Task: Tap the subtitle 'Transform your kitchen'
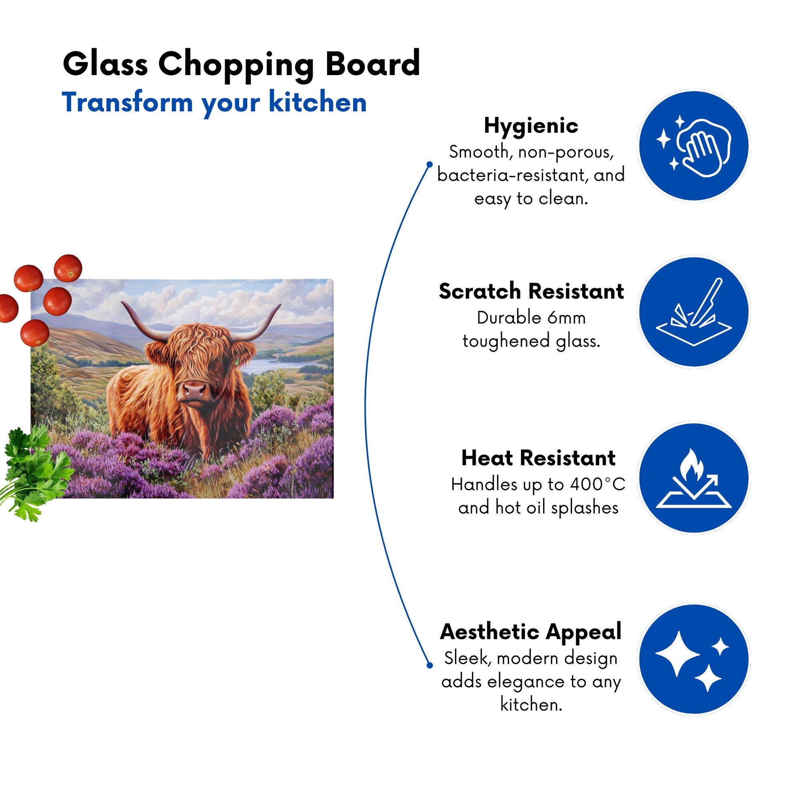(x=214, y=103)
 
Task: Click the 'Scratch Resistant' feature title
(x=531, y=291)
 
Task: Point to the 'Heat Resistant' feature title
(x=538, y=458)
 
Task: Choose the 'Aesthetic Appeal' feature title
(x=531, y=632)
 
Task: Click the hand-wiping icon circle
(x=694, y=146)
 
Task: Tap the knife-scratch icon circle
(x=694, y=312)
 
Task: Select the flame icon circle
(x=694, y=477)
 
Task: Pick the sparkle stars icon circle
(x=694, y=660)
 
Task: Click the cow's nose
(x=194, y=391)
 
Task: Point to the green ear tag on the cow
(x=236, y=361)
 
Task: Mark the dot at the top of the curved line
(x=430, y=164)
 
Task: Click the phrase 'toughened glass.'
(x=531, y=341)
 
